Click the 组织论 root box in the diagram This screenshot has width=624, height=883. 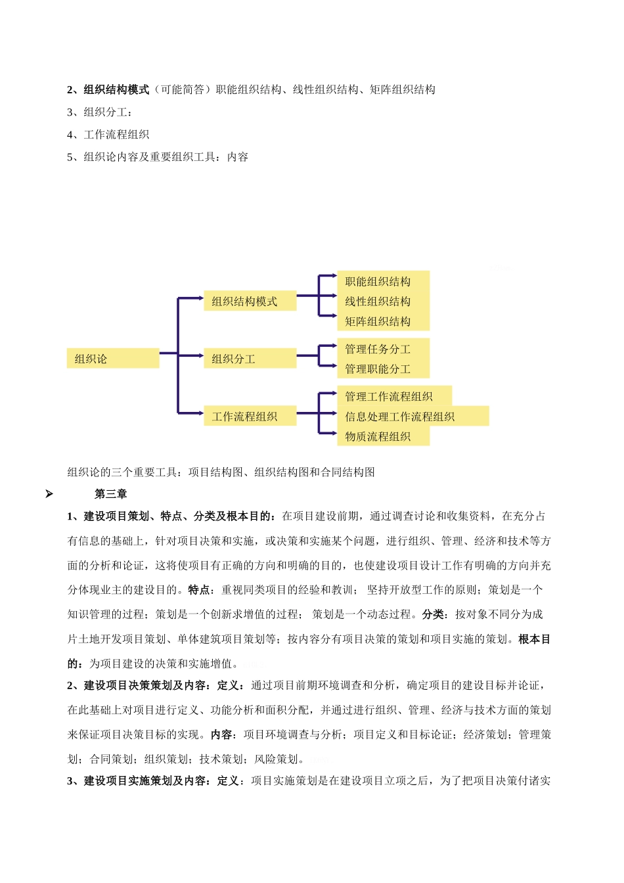pos(112,359)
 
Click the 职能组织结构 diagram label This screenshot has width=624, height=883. pos(378,282)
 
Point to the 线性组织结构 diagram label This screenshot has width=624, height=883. pos(378,302)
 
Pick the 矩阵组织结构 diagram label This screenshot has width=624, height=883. pos(378,321)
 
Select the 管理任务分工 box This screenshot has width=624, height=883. pos(378,349)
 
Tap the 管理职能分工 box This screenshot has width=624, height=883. pos(378,369)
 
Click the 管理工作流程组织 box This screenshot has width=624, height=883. pos(390,396)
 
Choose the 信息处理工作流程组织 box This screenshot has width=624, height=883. pos(401,417)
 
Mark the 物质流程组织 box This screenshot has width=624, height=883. pos(378,436)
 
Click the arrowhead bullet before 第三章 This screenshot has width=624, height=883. pos(49,494)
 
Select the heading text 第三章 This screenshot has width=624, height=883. pos(111,494)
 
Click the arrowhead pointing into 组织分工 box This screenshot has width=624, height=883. pos(200,356)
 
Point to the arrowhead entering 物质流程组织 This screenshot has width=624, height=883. pos(334,433)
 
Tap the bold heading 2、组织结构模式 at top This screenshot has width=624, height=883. pos(108,90)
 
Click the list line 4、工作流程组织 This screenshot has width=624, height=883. pos(108,135)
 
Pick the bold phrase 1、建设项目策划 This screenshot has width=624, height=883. pos(108,516)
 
